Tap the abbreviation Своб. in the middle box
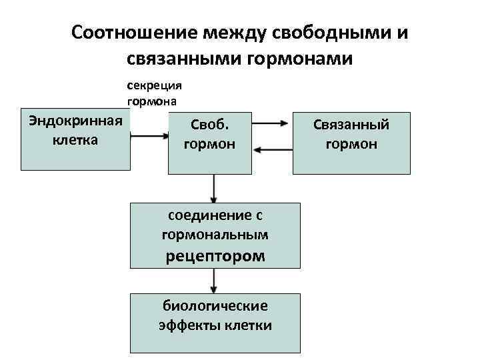(x=210, y=125)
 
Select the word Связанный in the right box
(x=351, y=125)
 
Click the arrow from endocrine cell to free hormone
(x=149, y=135)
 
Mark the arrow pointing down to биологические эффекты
(x=213, y=282)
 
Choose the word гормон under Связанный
(x=351, y=144)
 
